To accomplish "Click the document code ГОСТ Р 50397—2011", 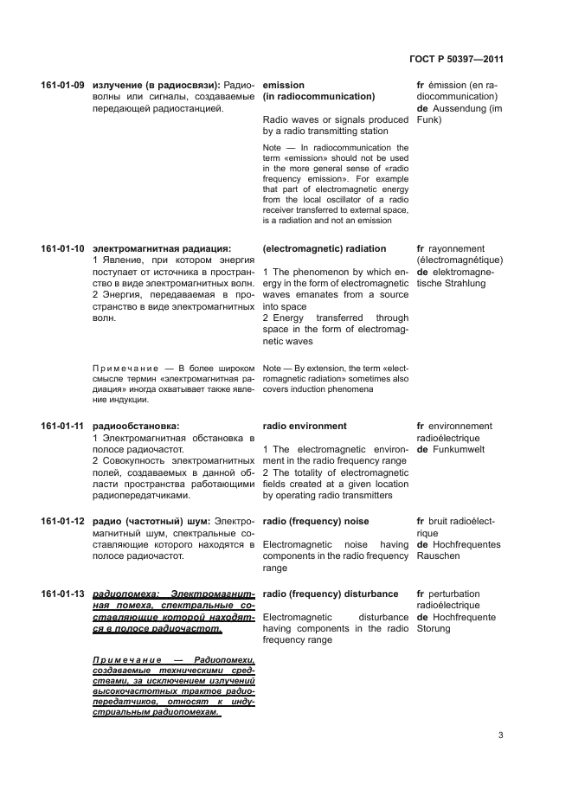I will pyautogui.click(x=455, y=60).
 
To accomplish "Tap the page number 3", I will pyautogui.click(x=500, y=735).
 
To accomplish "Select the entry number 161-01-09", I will pyautogui.click(x=62, y=86).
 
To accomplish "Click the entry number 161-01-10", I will pyautogui.click(x=62, y=249).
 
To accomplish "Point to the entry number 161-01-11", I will pyautogui.click(x=62, y=427).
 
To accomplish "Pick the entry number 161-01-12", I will pyautogui.click(x=62, y=522).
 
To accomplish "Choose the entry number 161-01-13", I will pyautogui.click(x=62, y=594).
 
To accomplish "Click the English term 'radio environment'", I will pyautogui.click(x=304, y=427).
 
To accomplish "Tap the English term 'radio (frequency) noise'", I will pyautogui.click(x=315, y=522).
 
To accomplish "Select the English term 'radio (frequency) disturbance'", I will pyautogui.click(x=330, y=594).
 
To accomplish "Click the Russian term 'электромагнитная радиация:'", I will pyautogui.click(x=162, y=249).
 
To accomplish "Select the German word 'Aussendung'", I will pyautogui.click(x=459, y=109).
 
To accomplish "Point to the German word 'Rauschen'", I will pyautogui.click(x=439, y=556).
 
